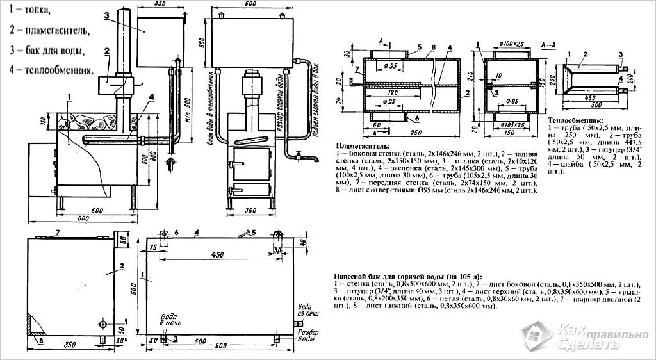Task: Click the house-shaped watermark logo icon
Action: (536, 337)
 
